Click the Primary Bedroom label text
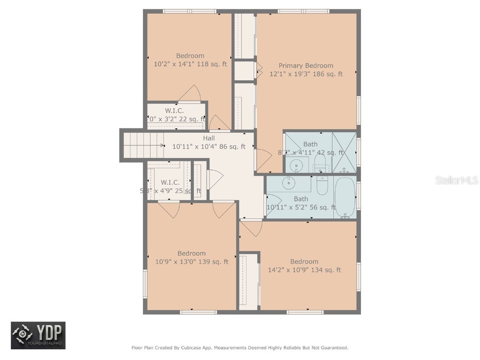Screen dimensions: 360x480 tap(306, 66)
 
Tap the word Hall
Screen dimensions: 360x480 tap(209, 138)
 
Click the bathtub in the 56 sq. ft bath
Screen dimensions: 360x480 tap(345, 197)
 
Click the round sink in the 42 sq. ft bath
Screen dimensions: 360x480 tap(296, 165)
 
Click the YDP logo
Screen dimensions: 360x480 tap(38, 335)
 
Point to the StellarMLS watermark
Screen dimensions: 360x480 tap(456, 180)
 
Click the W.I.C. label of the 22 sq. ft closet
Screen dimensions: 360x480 tap(174, 111)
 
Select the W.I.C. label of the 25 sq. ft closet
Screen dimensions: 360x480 tap(170, 182)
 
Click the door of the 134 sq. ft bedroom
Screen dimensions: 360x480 tap(251, 228)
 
